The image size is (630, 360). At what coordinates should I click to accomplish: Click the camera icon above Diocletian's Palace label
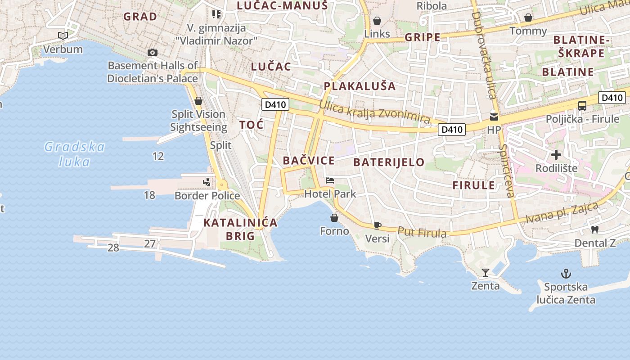point(153,52)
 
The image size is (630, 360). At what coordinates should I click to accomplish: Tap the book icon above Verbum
point(63,36)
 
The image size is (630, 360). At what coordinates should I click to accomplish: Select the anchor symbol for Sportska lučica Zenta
point(566,273)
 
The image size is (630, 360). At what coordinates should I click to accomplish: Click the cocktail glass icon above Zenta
point(485,272)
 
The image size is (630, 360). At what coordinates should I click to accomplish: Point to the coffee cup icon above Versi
point(377,225)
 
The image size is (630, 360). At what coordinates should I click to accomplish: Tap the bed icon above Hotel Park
point(330,180)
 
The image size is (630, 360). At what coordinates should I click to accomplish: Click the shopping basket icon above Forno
point(334,218)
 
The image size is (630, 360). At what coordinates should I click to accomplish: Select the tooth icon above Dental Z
point(594,229)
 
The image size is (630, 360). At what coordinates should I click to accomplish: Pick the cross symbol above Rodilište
point(556,155)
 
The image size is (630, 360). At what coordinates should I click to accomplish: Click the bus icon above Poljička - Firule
point(582,106)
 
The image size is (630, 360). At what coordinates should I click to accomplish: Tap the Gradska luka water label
point(75,154)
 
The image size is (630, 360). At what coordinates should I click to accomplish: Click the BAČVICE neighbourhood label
point(309,161)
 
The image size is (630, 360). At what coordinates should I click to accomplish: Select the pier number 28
point(113,247)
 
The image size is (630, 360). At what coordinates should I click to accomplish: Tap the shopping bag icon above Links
point(377,21)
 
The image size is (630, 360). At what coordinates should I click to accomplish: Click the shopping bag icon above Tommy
point(528,18)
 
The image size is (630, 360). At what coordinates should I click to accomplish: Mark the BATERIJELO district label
point(389,162)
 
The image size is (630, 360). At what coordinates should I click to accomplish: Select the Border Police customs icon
point(207,182)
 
